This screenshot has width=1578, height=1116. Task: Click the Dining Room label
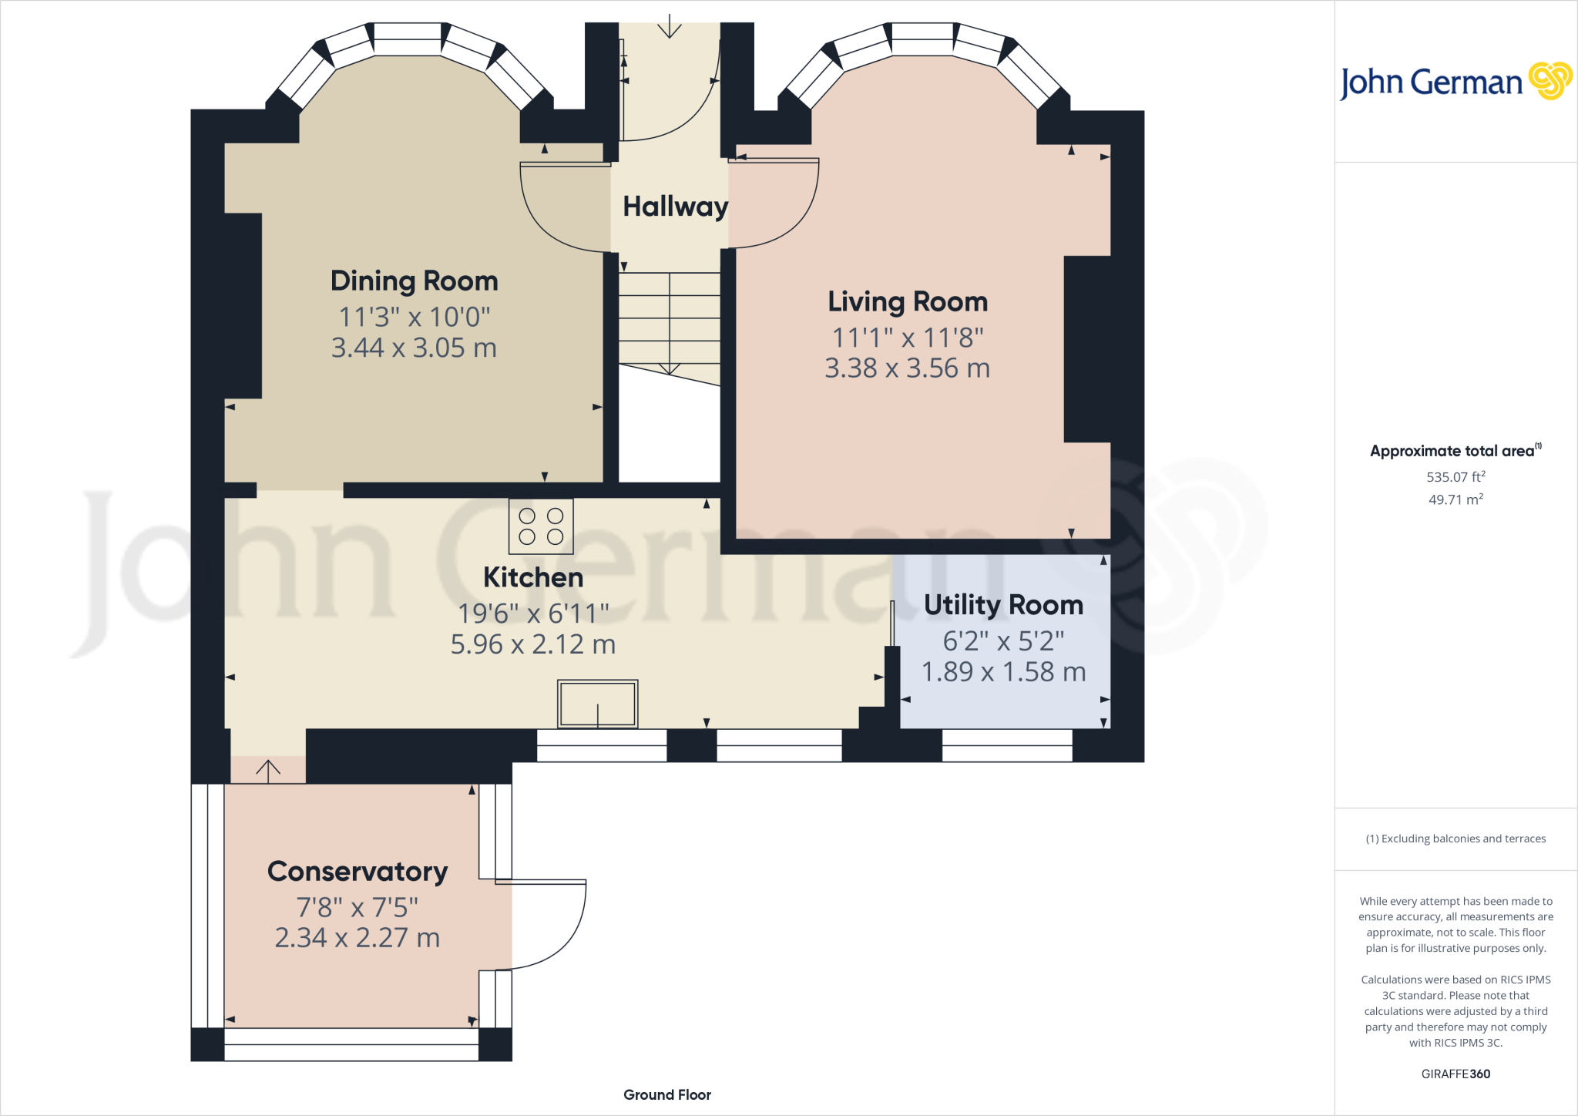[x=414, y=281]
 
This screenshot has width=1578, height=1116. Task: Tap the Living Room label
[x=908, y=301]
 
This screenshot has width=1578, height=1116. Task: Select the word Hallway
[x=675, y=207]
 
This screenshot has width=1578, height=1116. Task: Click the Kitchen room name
[x=533, y=577]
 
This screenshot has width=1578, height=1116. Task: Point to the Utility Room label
[x=1003, y=605]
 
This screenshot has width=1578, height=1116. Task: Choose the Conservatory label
[x=358, y=872]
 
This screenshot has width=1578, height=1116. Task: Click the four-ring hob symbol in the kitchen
[x=541, y=526]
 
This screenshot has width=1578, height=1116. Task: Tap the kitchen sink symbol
[x=598, y=704]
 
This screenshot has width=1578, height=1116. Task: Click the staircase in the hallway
[x=670, y=324]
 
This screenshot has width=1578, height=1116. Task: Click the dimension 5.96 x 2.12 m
[x=533, y=644]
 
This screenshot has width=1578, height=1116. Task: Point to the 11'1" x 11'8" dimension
[x=908, y=338]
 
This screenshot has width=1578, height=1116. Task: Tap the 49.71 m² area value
[x=1455, y=499]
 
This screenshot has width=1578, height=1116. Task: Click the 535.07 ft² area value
[x=1455, y=477]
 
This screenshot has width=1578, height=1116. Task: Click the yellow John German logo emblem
[x=1549, y=81]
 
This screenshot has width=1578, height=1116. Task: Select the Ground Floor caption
[x=667, y=1095]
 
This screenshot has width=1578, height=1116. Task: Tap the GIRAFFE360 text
[x=1455, y=1074]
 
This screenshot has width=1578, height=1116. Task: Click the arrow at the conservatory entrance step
[x=268, y=770]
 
